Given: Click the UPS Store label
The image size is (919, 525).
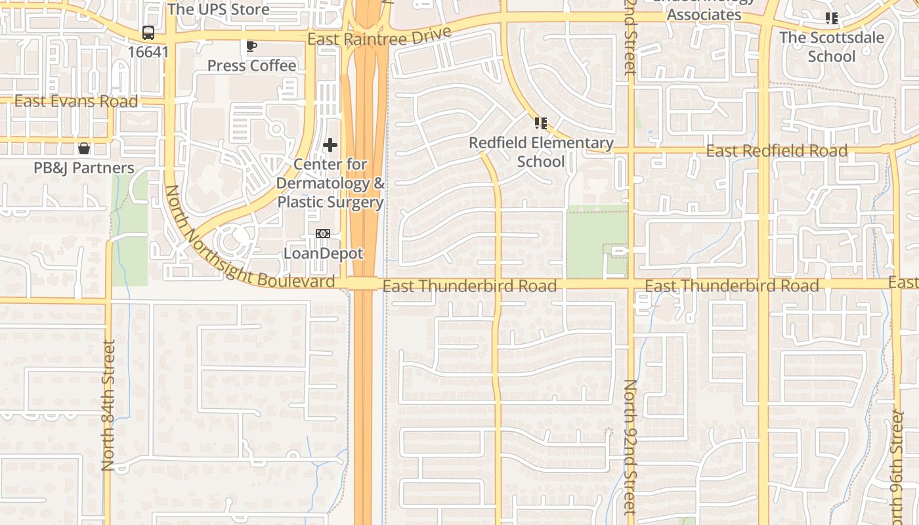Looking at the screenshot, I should (218, 9).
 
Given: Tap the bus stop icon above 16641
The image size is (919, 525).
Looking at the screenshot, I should (148, 33).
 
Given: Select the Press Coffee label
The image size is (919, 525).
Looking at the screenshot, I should (251, 66).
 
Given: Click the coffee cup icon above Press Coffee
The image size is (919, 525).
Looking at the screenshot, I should (251, 46).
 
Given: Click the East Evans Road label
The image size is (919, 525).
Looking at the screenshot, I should (76, 101).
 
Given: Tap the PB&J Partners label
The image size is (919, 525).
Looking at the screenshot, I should (84, 168).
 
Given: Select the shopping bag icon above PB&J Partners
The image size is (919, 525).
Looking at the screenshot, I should (84, 148).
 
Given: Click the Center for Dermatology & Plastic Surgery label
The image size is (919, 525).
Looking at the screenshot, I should (330, 183).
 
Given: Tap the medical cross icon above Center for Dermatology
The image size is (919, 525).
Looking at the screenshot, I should (330, 145).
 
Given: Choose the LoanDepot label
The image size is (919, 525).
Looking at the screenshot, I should (323, 253).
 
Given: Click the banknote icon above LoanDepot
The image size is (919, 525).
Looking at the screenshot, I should (323, 234).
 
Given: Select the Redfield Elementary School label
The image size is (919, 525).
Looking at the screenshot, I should (541, 152).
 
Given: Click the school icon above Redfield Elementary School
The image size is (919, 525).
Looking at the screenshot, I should (541, 123).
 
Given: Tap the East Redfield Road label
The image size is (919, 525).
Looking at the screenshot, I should (777, 151).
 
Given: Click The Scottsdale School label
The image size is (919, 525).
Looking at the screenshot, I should (832, 47).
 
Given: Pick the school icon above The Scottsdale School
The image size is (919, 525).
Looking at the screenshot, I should (832, 18).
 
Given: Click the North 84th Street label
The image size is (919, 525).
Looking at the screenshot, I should (109, 405).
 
